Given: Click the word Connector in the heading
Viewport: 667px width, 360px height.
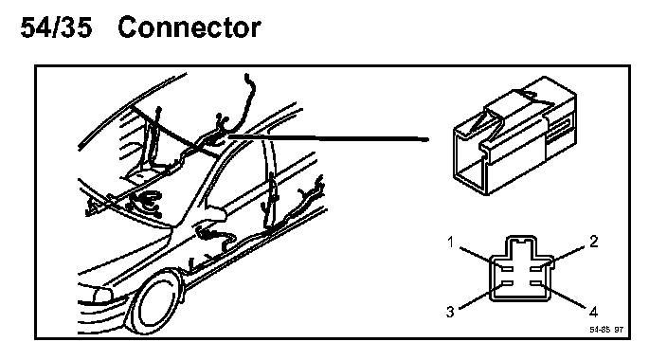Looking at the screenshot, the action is [x=189, y=27].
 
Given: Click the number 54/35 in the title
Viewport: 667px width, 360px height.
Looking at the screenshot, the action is [x=56, y=27].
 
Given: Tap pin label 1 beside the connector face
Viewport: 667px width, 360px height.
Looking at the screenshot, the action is [x=451, y=243].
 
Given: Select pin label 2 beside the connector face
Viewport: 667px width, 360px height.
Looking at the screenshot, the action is [x=594, y=242].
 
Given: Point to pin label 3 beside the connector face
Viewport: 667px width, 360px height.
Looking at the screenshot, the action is [x=450, y=312].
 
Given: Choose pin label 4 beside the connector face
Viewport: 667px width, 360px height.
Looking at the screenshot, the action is [x=593, y=312].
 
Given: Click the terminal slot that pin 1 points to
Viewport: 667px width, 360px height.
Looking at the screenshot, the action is [x=508, y=268].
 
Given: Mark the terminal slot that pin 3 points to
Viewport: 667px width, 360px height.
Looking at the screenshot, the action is [x=508, y=283].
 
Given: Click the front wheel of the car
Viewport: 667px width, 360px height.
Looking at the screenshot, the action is [x=154, y=303].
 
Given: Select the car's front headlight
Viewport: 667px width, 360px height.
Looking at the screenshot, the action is [x=102, y=296].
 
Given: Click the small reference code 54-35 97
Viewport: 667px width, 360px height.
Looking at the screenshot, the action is [x=606, y=330].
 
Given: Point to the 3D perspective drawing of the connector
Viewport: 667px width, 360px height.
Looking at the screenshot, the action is [x=514, y=135].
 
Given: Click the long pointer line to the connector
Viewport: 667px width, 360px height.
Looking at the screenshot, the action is [x=329, y=137].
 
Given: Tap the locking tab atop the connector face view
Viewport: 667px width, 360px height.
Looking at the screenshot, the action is [x=521, y=245].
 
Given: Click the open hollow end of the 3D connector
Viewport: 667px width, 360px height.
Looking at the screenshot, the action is [x=471, y=161].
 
